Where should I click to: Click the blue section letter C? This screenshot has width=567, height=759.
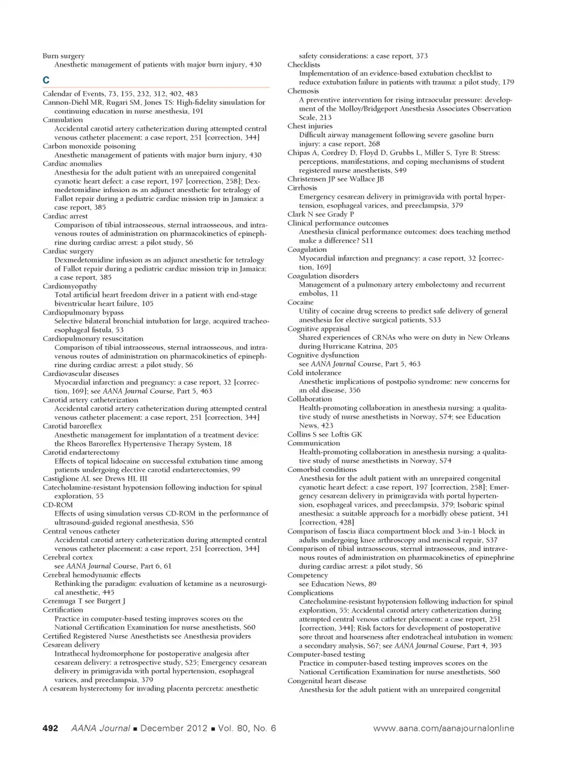(45, 80)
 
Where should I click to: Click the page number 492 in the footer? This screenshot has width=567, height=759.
(50, 728)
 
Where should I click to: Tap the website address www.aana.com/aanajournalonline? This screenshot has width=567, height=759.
(444, 728)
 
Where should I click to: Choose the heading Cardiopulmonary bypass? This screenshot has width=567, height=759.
(83, 312)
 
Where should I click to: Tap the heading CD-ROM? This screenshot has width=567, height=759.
(58, 505)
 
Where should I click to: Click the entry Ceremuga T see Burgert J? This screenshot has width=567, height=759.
(84, 601)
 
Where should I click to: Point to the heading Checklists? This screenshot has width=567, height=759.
(304, 64)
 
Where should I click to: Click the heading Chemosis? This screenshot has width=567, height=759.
(303, 91)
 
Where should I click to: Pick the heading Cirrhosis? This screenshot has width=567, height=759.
(302, 187)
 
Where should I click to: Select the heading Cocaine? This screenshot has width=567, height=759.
(301, 302)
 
